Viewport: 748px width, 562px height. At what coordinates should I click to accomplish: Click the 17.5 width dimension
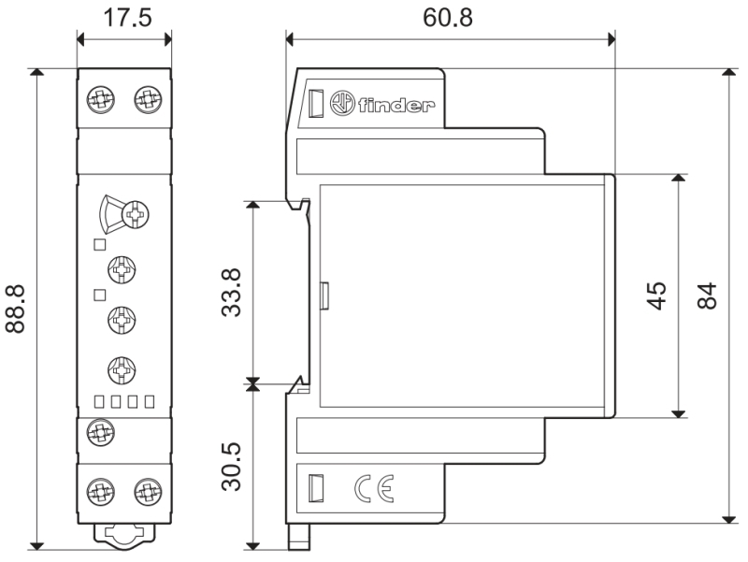(127, 18)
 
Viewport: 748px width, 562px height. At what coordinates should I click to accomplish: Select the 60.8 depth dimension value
(448, 18)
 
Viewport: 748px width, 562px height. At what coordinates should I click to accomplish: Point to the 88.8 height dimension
(15, 309)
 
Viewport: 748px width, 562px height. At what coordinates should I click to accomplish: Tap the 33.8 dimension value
(232, 293)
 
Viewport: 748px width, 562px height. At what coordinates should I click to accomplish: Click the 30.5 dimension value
(232, 467)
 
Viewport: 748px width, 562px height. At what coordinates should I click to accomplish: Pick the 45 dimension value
(657, 295)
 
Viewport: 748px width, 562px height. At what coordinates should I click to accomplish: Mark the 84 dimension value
(708, 295)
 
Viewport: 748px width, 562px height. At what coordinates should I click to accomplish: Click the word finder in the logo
(396, 105)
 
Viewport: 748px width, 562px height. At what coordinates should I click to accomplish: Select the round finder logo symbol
(342, 103)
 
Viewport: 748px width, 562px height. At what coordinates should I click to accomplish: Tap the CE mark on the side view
(374, 488)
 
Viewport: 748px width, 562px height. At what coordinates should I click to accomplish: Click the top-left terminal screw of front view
(101, 100)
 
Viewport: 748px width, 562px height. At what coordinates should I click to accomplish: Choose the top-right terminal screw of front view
(148, 100)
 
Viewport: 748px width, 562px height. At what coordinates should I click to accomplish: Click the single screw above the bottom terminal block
(101, 432)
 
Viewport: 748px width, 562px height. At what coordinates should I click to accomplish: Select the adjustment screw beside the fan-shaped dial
(136, 214)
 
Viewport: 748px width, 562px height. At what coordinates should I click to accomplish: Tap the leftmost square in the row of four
(99, 402)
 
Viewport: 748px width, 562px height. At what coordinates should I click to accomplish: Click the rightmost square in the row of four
(150, 402)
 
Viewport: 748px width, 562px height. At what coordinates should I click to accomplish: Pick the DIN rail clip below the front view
(124, 534)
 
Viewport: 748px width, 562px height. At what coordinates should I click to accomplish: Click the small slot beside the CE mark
(314, 488)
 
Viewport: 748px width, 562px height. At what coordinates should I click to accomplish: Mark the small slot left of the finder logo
(316, 103)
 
